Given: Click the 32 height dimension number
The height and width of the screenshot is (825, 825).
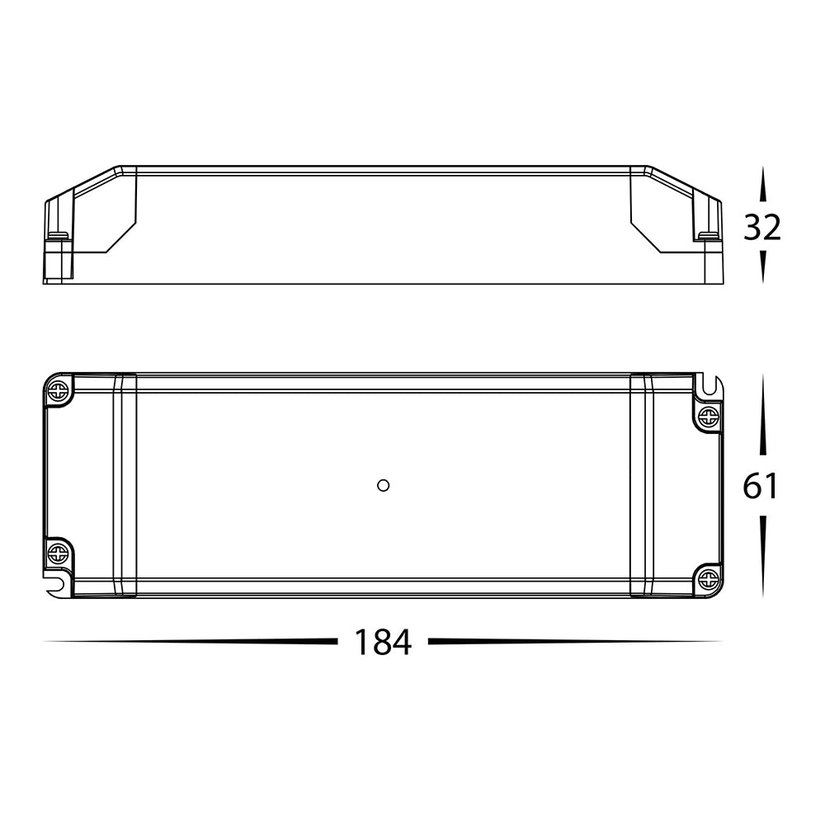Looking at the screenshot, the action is click(762, 228).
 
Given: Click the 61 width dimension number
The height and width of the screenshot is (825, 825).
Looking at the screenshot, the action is click(761, 486).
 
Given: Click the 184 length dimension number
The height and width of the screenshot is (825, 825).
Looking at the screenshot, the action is click(383, 642).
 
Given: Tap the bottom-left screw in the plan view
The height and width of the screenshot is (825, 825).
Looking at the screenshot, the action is click(58, 553).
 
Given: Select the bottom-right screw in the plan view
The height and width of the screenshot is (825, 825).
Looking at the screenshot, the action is click(708, 579).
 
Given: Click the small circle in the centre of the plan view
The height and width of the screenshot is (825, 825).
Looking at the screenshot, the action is click(383, 485).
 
